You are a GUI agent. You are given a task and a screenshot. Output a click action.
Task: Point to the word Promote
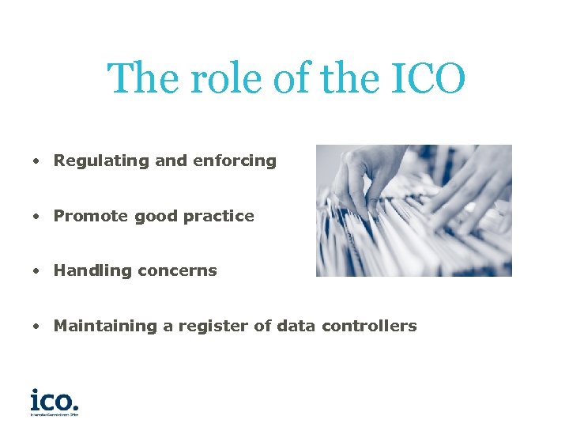[91, 216]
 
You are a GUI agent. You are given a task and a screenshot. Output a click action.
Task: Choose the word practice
[219, 216]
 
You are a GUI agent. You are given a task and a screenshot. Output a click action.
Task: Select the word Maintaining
[106, 326]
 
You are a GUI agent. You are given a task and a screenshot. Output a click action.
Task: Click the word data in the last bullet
[296, 326]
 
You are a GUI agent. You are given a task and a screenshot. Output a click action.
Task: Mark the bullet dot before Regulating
[36, 161]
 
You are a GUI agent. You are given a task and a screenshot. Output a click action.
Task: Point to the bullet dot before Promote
[36, 217]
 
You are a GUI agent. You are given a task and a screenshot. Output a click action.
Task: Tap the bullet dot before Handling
[36, 271]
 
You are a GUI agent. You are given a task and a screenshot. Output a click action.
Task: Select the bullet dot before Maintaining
[36, 327]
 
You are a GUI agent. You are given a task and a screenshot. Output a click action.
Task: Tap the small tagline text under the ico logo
[55, 413]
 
